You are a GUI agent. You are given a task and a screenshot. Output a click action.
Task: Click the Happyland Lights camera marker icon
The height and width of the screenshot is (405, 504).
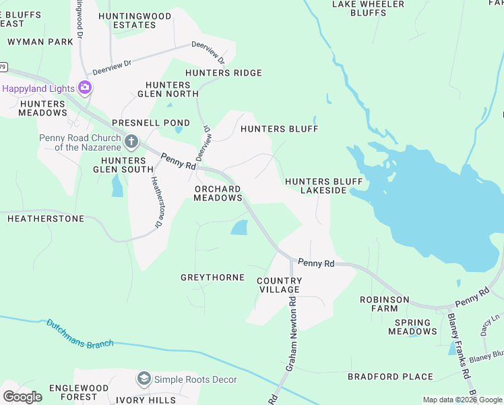tap(85, 87)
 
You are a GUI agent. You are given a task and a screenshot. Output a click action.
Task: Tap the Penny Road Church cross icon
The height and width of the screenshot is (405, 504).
tap(131, 142)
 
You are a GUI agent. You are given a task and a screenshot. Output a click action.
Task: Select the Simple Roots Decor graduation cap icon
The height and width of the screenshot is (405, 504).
tap(144, 379)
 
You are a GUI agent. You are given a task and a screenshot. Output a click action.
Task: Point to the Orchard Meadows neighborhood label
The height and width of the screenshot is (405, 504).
tap(218, 193)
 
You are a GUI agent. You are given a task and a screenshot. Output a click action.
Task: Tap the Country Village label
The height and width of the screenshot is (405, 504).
tap(278, 285)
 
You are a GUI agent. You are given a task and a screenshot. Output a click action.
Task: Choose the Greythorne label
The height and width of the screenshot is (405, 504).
tap(212, 277)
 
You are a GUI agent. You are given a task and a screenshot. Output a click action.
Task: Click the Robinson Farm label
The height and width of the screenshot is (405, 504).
tap(384, 304)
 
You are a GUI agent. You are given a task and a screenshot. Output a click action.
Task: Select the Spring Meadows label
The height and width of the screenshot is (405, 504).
tap(412, 327)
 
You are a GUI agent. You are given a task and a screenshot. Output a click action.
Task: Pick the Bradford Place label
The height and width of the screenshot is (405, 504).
tap(390, 376)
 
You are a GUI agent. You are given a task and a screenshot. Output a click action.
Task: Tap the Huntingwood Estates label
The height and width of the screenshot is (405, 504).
tap(135, 20)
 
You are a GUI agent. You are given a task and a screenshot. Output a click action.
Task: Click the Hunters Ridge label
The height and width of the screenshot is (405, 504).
tap(223, 73)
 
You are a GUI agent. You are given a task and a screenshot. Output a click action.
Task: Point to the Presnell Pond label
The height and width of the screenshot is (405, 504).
tap(141, 123)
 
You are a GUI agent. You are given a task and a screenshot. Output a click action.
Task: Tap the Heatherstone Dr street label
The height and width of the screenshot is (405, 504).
tap(156, 201)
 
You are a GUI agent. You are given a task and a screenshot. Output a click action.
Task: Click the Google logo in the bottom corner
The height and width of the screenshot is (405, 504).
tap(22, 397)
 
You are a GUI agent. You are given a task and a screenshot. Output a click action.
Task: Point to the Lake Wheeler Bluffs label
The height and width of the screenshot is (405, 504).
tap(369, 8)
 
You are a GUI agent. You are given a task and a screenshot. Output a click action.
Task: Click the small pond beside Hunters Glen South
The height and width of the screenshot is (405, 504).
tap(117, 185)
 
